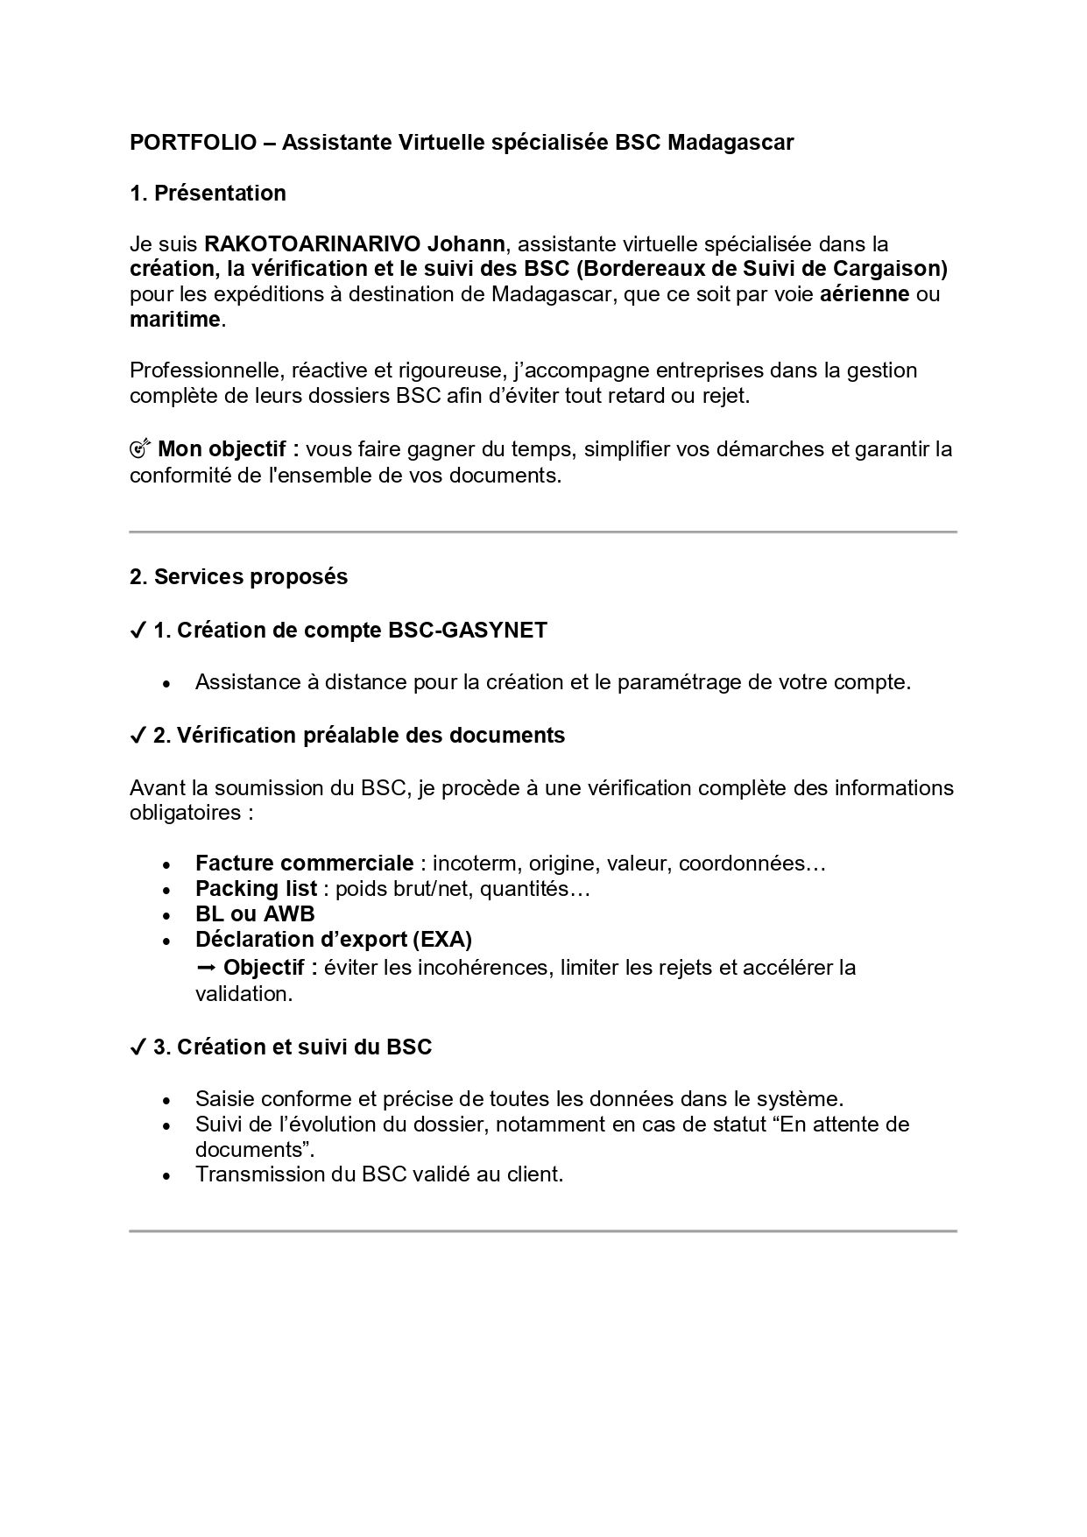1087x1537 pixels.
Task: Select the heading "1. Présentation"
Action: (208, 193)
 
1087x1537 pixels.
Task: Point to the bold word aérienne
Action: (865, 294)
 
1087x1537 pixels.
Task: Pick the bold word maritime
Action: (174, 320)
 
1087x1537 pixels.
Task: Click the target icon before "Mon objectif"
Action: (140, 449)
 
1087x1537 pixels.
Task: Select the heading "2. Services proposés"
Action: (238, 577)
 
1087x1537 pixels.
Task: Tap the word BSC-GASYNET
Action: (467, 631)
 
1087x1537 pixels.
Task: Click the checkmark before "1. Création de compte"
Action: (138, 631)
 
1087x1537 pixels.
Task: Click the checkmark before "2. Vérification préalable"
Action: (138, 736)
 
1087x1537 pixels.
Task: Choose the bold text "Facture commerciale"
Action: (304, 864)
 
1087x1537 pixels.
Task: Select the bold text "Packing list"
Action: (256, 889)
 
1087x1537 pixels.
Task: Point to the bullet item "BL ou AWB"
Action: (255, 914)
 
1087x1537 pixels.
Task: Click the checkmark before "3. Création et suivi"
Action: (138, 1047)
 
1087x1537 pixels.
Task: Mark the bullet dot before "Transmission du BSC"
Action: (166, 1176)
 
